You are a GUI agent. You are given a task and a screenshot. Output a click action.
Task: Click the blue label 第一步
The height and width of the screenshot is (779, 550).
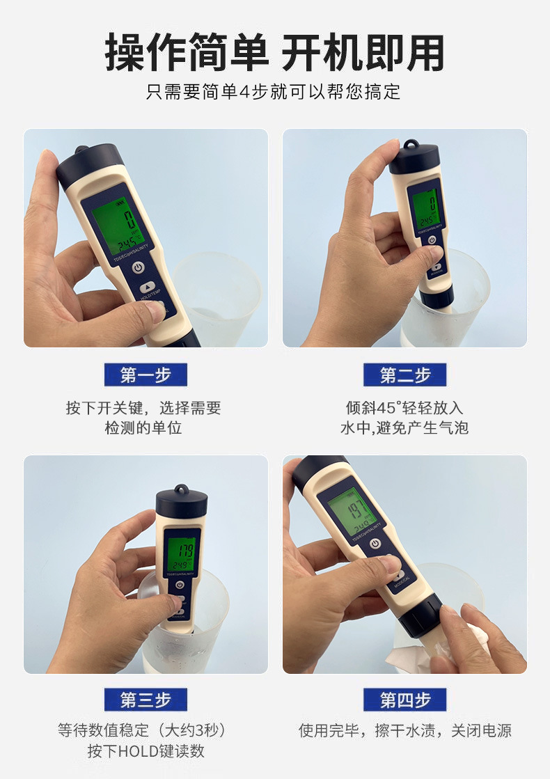(x=146, y=375)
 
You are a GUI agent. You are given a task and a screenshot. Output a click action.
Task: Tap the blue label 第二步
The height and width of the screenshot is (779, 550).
(x=404, y=375)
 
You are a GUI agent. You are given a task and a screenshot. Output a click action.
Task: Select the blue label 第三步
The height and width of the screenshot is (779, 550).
(x=146, y=700)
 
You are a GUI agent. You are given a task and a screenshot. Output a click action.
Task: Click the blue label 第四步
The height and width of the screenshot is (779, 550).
(x=404, y=700)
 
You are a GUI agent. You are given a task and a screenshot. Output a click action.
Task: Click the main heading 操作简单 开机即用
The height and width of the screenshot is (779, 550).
(x=274, y=53)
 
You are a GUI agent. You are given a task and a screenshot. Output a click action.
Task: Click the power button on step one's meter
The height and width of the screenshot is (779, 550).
(x=138, y=267)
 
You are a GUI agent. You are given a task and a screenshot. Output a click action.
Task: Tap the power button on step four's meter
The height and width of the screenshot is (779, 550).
(x=376, y=544)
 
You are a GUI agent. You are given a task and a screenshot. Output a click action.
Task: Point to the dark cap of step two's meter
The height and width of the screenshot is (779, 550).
(x=414, y=159)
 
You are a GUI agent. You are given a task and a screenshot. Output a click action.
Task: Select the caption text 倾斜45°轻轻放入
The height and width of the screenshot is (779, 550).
(x=404, y=407)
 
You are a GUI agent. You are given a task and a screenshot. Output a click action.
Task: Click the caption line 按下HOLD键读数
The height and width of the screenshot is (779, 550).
(x=146, y=751)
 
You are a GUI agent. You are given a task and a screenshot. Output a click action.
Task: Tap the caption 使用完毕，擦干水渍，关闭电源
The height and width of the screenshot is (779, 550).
(x=404, y=730)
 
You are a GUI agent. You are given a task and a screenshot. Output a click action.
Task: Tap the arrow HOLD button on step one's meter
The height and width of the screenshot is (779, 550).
(x=147, y=286)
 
